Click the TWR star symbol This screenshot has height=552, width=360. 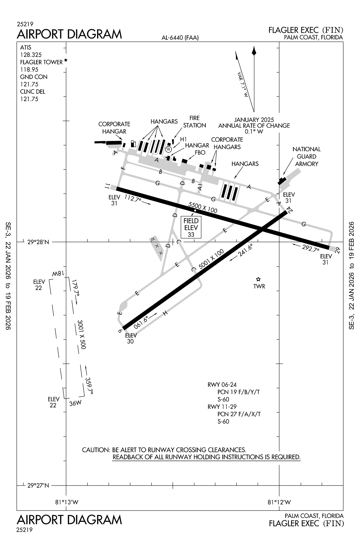[x=258, y=279]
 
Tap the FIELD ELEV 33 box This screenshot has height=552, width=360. [x=191, y=227]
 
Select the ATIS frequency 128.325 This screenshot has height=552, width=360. [x=31, y=55]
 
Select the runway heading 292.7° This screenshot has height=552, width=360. [x=310, y=248]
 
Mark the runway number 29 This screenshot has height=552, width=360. [x=338, y=250]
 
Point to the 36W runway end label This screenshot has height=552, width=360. [x=75, y=403]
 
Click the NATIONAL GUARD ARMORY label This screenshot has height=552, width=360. [x=306, y=156]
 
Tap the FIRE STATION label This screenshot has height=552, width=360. [x=194, y=121]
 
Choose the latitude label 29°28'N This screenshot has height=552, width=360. [x=38, y=242]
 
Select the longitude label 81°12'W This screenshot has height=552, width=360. [x=279, y=502]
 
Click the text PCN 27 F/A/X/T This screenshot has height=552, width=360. [x=239, y=414]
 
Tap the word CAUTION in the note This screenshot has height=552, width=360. [x=96, y=450]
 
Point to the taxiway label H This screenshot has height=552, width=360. [x=165, y=313]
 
